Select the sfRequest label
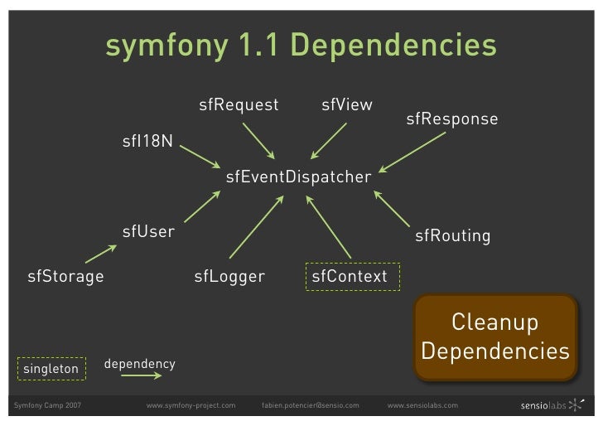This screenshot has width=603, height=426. (x=239, y=105)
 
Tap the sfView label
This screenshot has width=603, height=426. (x=347, y=105)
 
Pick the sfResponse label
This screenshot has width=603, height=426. (x=451, y=119)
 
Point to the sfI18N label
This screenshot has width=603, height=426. (x=147, y=140)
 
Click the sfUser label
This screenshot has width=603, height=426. (x=148, y=231)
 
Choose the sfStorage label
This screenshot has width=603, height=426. (x=65, y=276)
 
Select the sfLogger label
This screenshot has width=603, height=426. (x=229, y=276)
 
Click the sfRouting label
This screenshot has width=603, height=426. (x=452, y=236)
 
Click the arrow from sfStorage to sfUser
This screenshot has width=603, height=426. (x=100, y=253)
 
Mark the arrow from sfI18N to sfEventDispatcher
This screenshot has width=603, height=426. (x=199, y=157)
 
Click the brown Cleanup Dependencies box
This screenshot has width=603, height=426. (x=494, y=337)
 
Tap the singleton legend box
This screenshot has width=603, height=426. (x=51, y=367)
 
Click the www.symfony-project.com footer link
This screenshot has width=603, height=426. (x=191, y=405)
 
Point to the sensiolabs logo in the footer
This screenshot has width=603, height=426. (x=550, y=405)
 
